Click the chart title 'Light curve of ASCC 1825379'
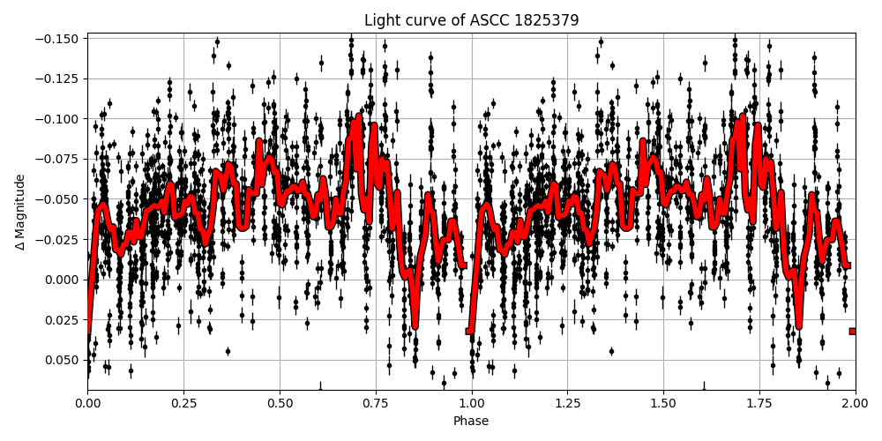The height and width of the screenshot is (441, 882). pos(471,20)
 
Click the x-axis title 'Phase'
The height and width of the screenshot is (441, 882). pos(471,422)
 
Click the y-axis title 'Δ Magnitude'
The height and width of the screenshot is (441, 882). pos(19,212)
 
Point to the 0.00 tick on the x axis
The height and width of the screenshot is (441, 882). pos(87,403)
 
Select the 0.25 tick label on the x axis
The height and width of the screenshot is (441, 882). pos(183,403)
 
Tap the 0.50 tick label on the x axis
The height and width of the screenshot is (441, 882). pos(280,403)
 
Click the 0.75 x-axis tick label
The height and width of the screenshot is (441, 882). pos(376,403)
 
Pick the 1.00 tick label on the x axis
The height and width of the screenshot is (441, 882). pos(471,403)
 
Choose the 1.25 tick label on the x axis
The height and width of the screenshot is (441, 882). pos(567,403)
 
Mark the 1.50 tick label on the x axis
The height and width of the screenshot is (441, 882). pos(663,403)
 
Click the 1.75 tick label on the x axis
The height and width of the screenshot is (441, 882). pos(759,403)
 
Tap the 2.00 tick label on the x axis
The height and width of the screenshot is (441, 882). pos(855,403)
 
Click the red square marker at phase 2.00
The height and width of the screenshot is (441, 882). pos(853,331)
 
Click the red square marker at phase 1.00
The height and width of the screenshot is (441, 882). pos(469,331)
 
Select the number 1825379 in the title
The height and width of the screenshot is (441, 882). pos(547,20)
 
